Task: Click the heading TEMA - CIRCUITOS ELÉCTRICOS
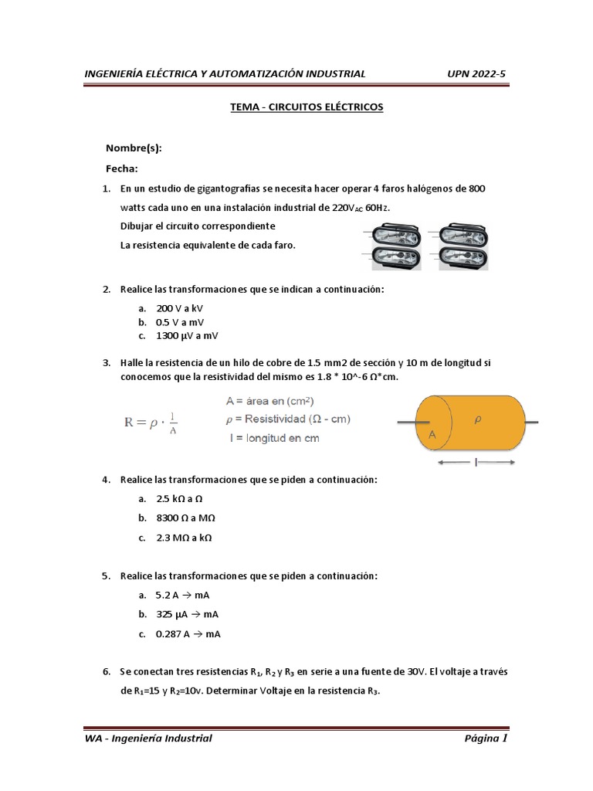[307, 107]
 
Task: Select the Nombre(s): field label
[134, 148]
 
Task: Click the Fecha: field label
[121, 168]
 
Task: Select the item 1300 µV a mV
[187, 335]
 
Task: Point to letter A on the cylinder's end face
[432, 436]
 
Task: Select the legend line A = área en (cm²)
[269, 401]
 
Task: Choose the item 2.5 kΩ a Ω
[179, 499]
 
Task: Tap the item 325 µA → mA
[188, 614]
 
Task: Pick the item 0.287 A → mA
[188, 633]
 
